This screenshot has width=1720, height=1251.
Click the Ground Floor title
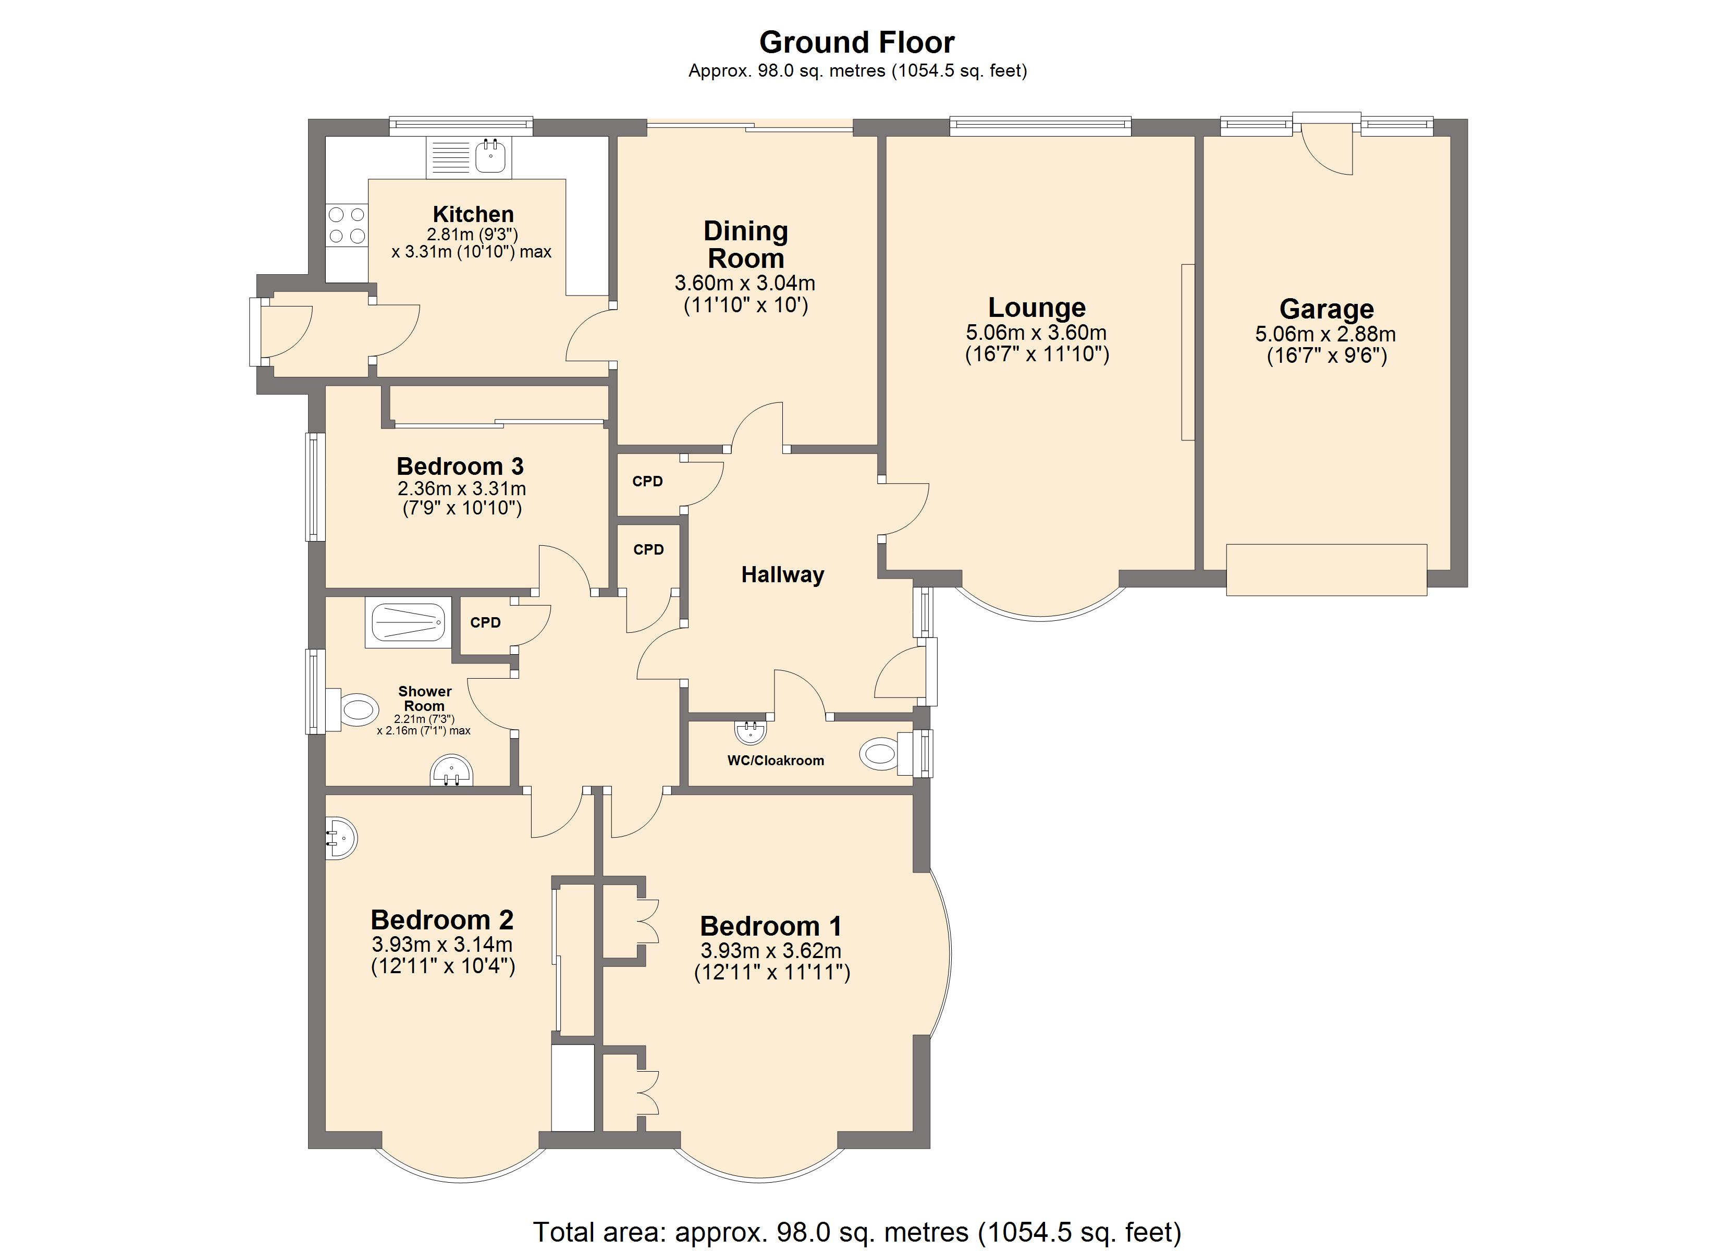pos(857,43)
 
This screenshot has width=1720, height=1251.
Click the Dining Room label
pos(745,244)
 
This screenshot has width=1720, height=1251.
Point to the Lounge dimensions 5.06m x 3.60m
pos(1036,332)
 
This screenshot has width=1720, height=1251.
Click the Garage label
pos(1326,309)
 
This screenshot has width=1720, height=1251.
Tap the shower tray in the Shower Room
pos(408,622)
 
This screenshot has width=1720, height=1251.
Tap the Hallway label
pos(783,575)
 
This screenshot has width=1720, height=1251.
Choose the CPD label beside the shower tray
pos(485,623)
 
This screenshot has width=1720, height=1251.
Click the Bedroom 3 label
pos(460,466)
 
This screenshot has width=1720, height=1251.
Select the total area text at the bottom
pos(857,1232)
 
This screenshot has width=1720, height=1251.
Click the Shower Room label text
pos(425,698)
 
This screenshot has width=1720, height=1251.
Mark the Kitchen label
pos(473,214)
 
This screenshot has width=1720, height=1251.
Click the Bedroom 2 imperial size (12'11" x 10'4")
pos(443,966)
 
